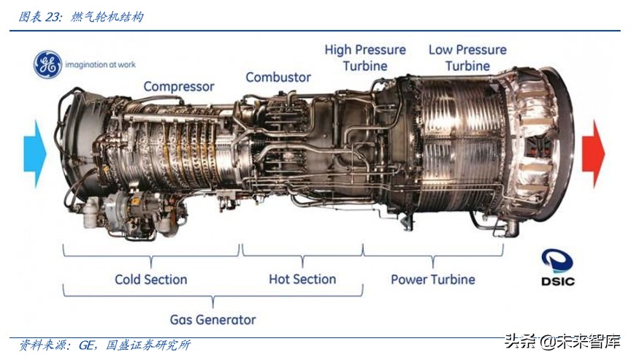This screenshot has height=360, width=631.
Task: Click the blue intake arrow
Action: pos(35,153)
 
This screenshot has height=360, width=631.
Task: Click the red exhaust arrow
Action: pos(594,153)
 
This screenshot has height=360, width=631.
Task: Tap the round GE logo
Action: pos(48,64)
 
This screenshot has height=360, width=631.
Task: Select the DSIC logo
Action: pos(557,267)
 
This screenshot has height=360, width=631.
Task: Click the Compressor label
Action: pos(179,87)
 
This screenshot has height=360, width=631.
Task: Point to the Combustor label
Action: pos(278,77)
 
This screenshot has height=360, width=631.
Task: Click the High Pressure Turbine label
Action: pos(365,58)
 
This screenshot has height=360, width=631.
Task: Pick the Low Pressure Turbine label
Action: pos(467,58)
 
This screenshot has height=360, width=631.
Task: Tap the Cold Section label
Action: pos(151,280)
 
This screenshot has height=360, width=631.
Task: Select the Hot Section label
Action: pos(302,279)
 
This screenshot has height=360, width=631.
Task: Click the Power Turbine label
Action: pos(433,280)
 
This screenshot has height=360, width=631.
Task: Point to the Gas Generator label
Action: pos(213,320)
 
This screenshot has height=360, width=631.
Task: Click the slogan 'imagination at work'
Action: pos(100,64)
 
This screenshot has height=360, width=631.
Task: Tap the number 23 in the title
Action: pos(52,17)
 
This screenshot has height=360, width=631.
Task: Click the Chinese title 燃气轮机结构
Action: pos(107,17)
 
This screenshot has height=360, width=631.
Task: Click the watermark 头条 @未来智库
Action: pos(562,342)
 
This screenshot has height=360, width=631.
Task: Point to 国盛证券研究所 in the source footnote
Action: pos(148,345)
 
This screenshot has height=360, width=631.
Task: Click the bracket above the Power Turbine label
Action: pos(433,255)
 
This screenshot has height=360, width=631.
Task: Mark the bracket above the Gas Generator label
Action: pos(213,296)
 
